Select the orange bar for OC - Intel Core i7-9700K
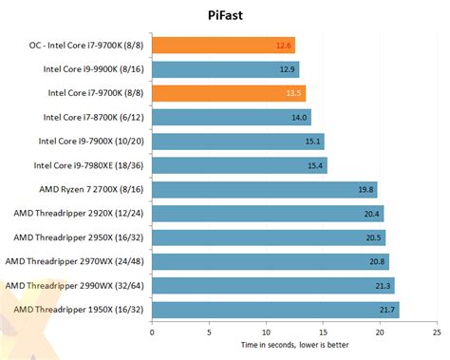(x=223, y=45)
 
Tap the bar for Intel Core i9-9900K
(x=225, y=68)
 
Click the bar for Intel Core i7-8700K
(x=231, y=117)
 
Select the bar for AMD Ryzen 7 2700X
(x=264, y=189)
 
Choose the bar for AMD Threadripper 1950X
(x=275, y=310)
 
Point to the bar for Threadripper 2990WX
(x=272, y=285)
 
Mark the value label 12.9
(x=288, y=69)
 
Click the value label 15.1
(x=312, y=142)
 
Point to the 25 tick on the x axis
(x=436, y=332)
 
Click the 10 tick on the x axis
(x=266, y=332)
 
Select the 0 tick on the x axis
(x=152, y=332)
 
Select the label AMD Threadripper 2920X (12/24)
(x=75, y=213)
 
